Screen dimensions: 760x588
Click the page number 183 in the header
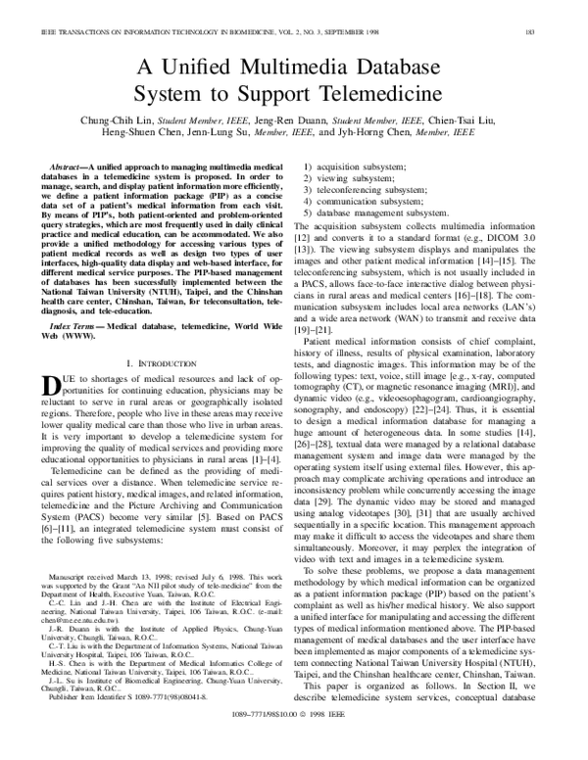tap(557, 8)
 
